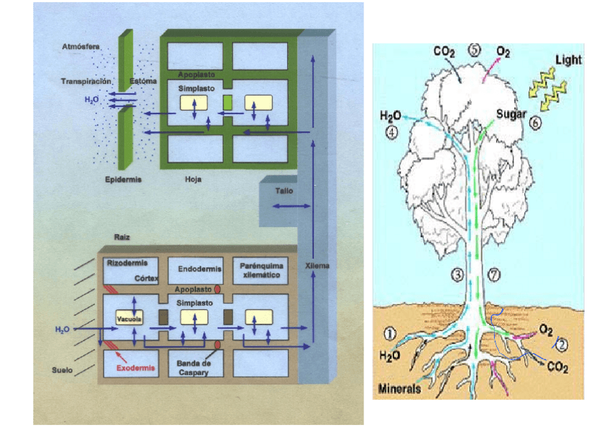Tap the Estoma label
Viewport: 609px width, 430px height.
pyautogui.click(x=143, y=81)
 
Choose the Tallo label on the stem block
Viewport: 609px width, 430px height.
pyautogui.click(x=284, y=192)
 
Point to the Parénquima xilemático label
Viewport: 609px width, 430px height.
pyautogui.click(x=259, y=269)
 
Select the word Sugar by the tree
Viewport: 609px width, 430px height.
pyautogui.click(x=512, y=114)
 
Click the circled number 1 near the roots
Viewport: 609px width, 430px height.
pyautogui.click(x=389, y=334)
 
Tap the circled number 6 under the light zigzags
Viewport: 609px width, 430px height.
pyautogui.click(x=535, y=123)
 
